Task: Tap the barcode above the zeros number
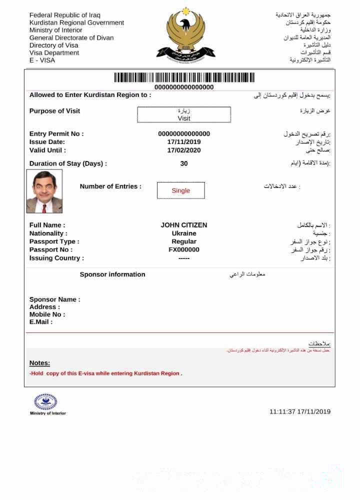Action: [184, 77]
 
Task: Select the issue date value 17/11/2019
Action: [184, 142]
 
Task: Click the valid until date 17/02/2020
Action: [184, 150]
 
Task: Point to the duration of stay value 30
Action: [184, 163]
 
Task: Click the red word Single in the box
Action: [180, 190]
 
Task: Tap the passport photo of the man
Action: [44, 191]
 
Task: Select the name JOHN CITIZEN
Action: [183, 225]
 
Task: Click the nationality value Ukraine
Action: [184, 233]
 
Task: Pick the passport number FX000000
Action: [184, 249]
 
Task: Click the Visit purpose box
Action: [184, 114]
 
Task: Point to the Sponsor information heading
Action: [112, 274]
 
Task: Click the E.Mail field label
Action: [41, 322]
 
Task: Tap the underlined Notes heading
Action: [39, 363]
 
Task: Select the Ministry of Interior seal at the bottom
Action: [45, 401]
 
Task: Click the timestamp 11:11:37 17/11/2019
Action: [300, 411]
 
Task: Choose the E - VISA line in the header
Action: [42, 60]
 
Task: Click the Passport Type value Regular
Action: [184, 241]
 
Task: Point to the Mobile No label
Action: [47, 314]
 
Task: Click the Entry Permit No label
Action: [56, 134]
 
